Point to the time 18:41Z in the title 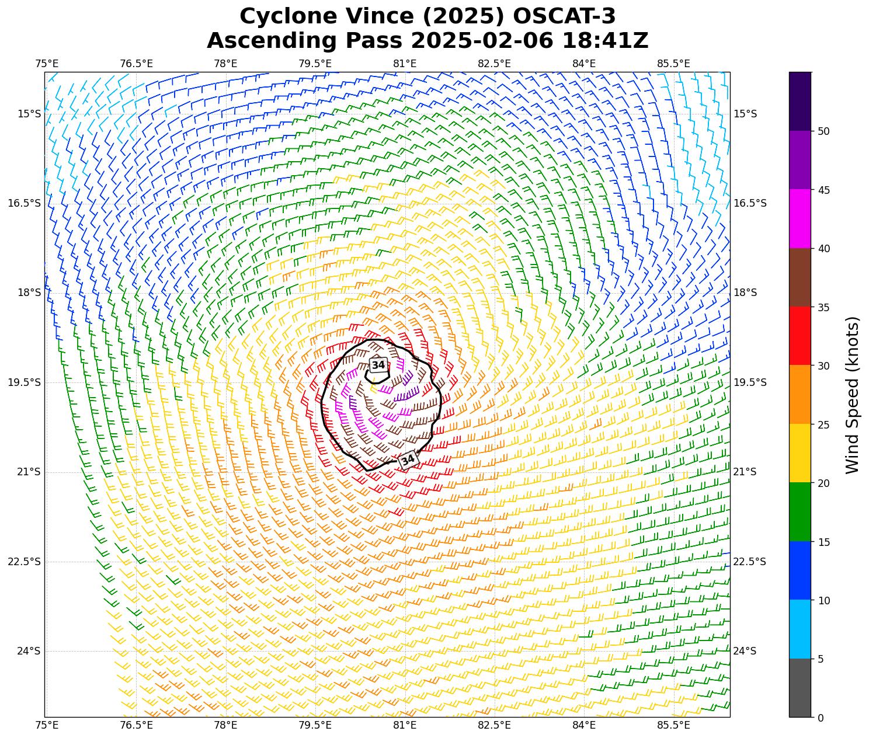(605, 41)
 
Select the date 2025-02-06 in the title (483, 41)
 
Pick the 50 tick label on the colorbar (823, 131)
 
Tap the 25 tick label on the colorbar (823, 424)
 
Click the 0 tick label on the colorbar (821, 718)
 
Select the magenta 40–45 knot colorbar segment (800, 218)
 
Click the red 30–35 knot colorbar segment (800, 336)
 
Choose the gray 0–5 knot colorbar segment (800, 688)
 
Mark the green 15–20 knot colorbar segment (800, 511)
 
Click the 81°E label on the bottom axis (405, 725)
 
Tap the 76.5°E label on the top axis (136, 64)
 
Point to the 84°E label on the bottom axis (584, 725)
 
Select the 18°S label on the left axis (29, 293)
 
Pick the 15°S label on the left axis (29, 113)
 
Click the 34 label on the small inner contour (378, 365)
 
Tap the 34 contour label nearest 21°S (408, 460)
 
